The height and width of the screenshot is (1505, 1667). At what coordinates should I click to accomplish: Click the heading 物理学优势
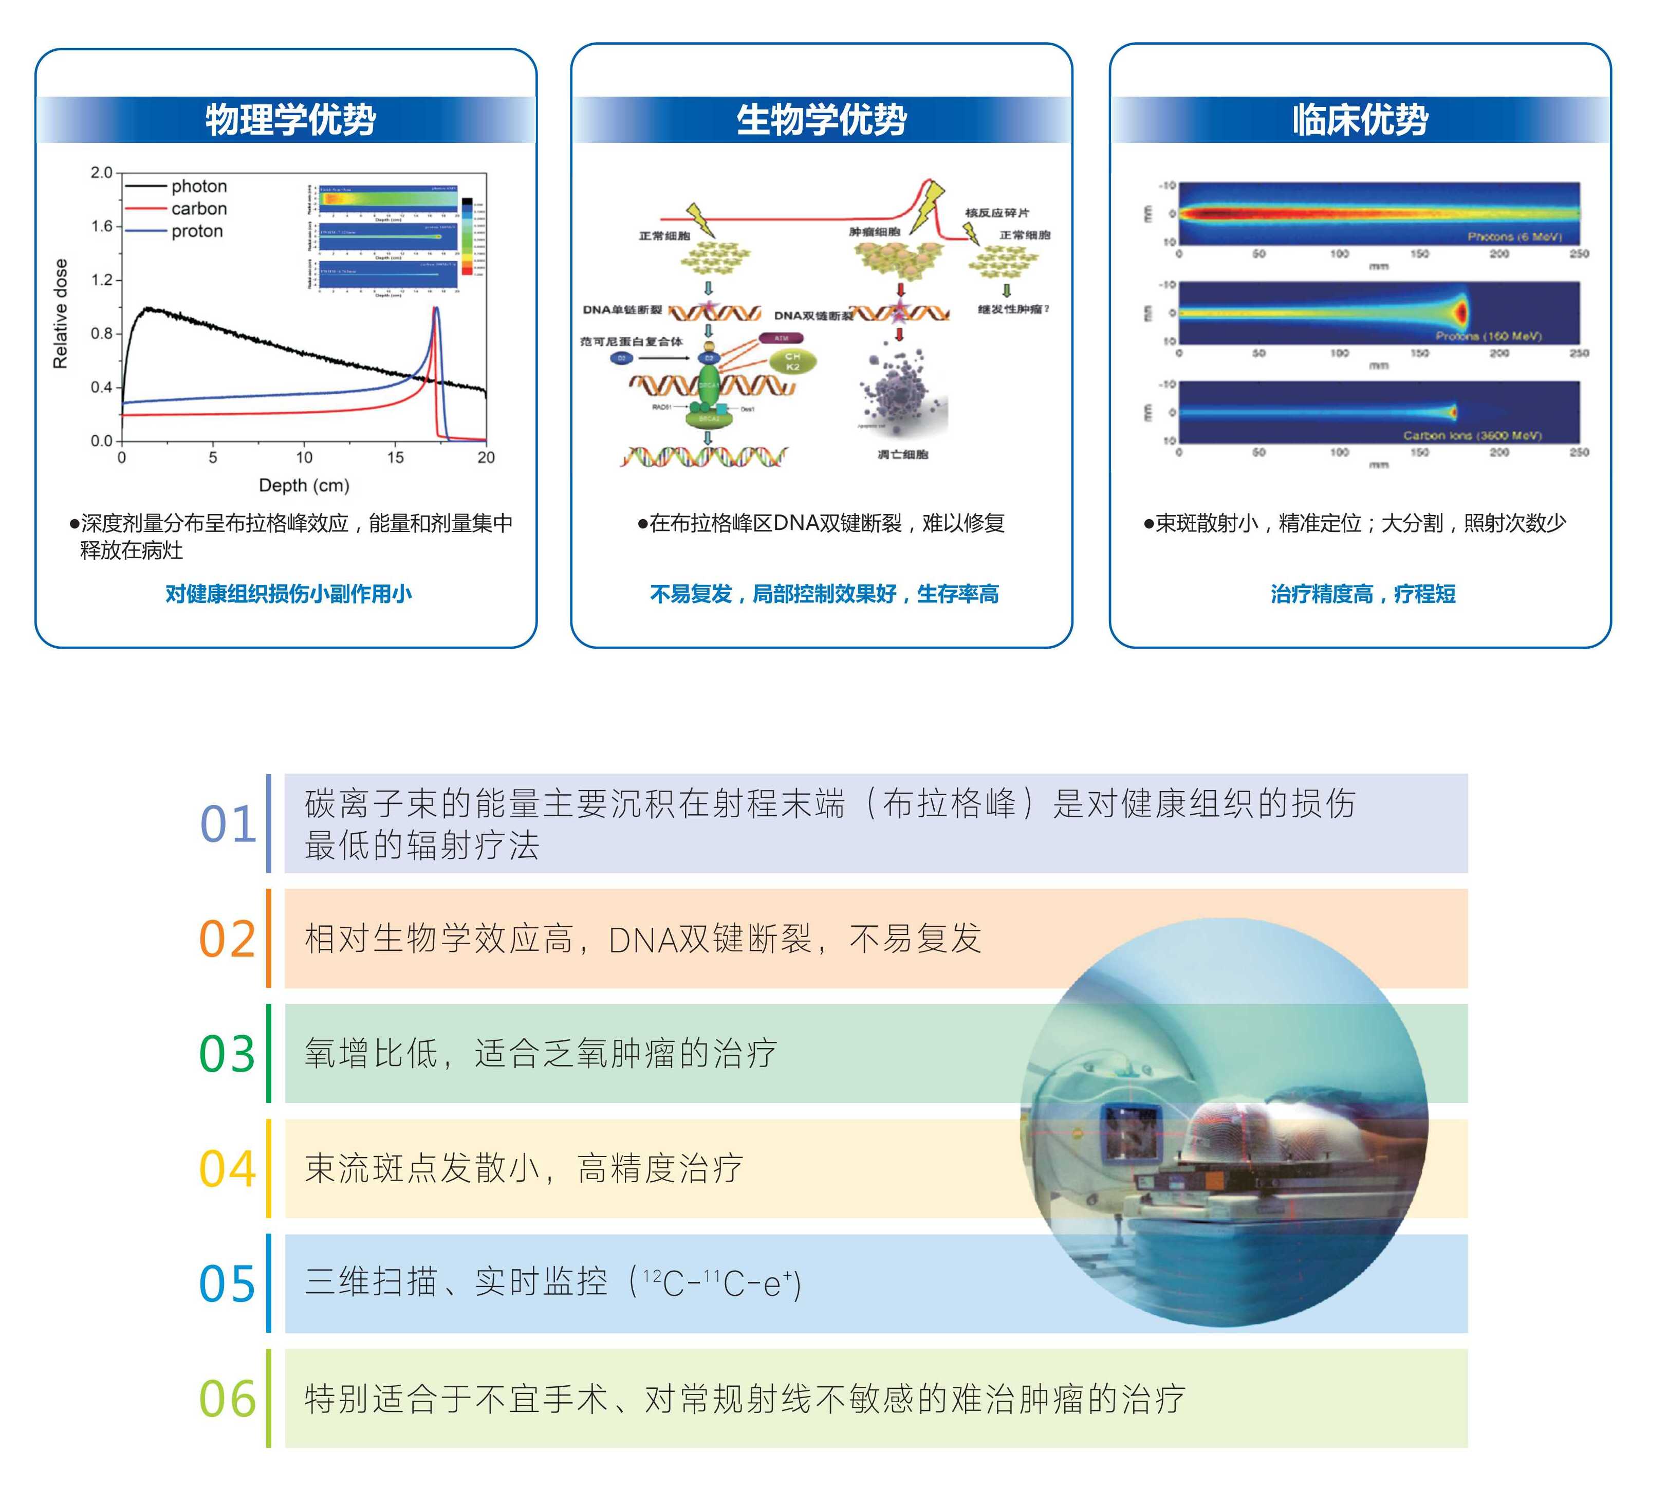click(x=290, y=120)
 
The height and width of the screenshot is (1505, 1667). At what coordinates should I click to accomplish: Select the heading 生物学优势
click(x=821, y=120)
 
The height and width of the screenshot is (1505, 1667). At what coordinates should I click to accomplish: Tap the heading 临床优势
click(x=1360, y=120)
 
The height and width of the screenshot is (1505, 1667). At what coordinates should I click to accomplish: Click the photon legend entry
click(x=198, y=186)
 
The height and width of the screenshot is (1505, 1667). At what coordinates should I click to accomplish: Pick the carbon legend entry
click(x=198, y=208)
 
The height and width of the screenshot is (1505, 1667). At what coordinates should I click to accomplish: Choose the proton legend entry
click(x=197, y=231)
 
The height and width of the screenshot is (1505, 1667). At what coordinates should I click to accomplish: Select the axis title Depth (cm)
click(x=304, y=485)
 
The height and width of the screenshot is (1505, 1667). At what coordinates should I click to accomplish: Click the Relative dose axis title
click(x=60, y=314)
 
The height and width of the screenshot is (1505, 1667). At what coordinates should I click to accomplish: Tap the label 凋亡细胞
click(x=903, y=454)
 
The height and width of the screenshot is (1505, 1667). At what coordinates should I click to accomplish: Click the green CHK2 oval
click(x=792, y=361)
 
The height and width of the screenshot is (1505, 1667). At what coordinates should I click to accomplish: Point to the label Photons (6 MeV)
click(x=1514, y=236)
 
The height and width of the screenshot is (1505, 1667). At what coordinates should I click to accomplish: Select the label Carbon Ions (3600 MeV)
click(x=1472, y=435)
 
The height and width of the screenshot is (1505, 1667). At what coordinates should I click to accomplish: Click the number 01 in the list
click(x=228, y=824)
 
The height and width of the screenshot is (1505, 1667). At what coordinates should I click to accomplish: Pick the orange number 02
click(x=228, y=940)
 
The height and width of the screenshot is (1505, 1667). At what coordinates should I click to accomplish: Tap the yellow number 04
click(x=228, y=1169)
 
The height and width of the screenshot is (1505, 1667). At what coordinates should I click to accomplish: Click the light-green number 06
click(x=228, y=1399)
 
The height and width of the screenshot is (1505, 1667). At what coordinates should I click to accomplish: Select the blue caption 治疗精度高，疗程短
click(x=1363, y=594)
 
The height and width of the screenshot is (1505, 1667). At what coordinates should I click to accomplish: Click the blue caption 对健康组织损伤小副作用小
click(x=289, y=594)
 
